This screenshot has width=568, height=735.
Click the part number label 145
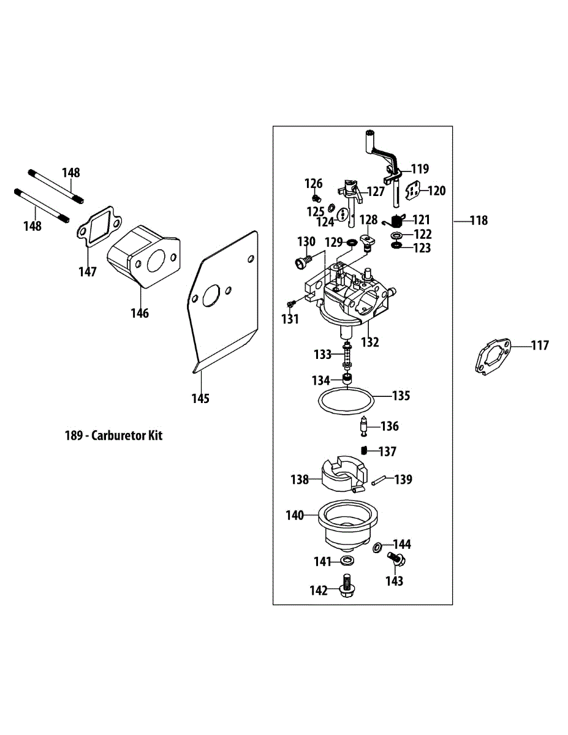[200, 399]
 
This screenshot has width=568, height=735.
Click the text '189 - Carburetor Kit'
[114, 436]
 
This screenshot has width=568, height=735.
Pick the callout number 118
[479, 221]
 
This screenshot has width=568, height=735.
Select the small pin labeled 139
[378, 480]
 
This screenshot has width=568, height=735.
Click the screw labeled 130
[301, 262]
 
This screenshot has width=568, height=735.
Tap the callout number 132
[369, 342]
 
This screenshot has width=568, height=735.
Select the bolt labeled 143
[396, 559]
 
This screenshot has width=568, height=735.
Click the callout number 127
[376, 192]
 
